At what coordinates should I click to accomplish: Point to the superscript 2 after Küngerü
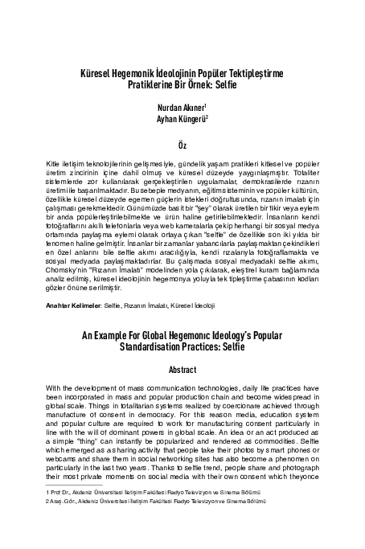(x=207, y=114)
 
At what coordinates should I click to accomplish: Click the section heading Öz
(x=182, y=143)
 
